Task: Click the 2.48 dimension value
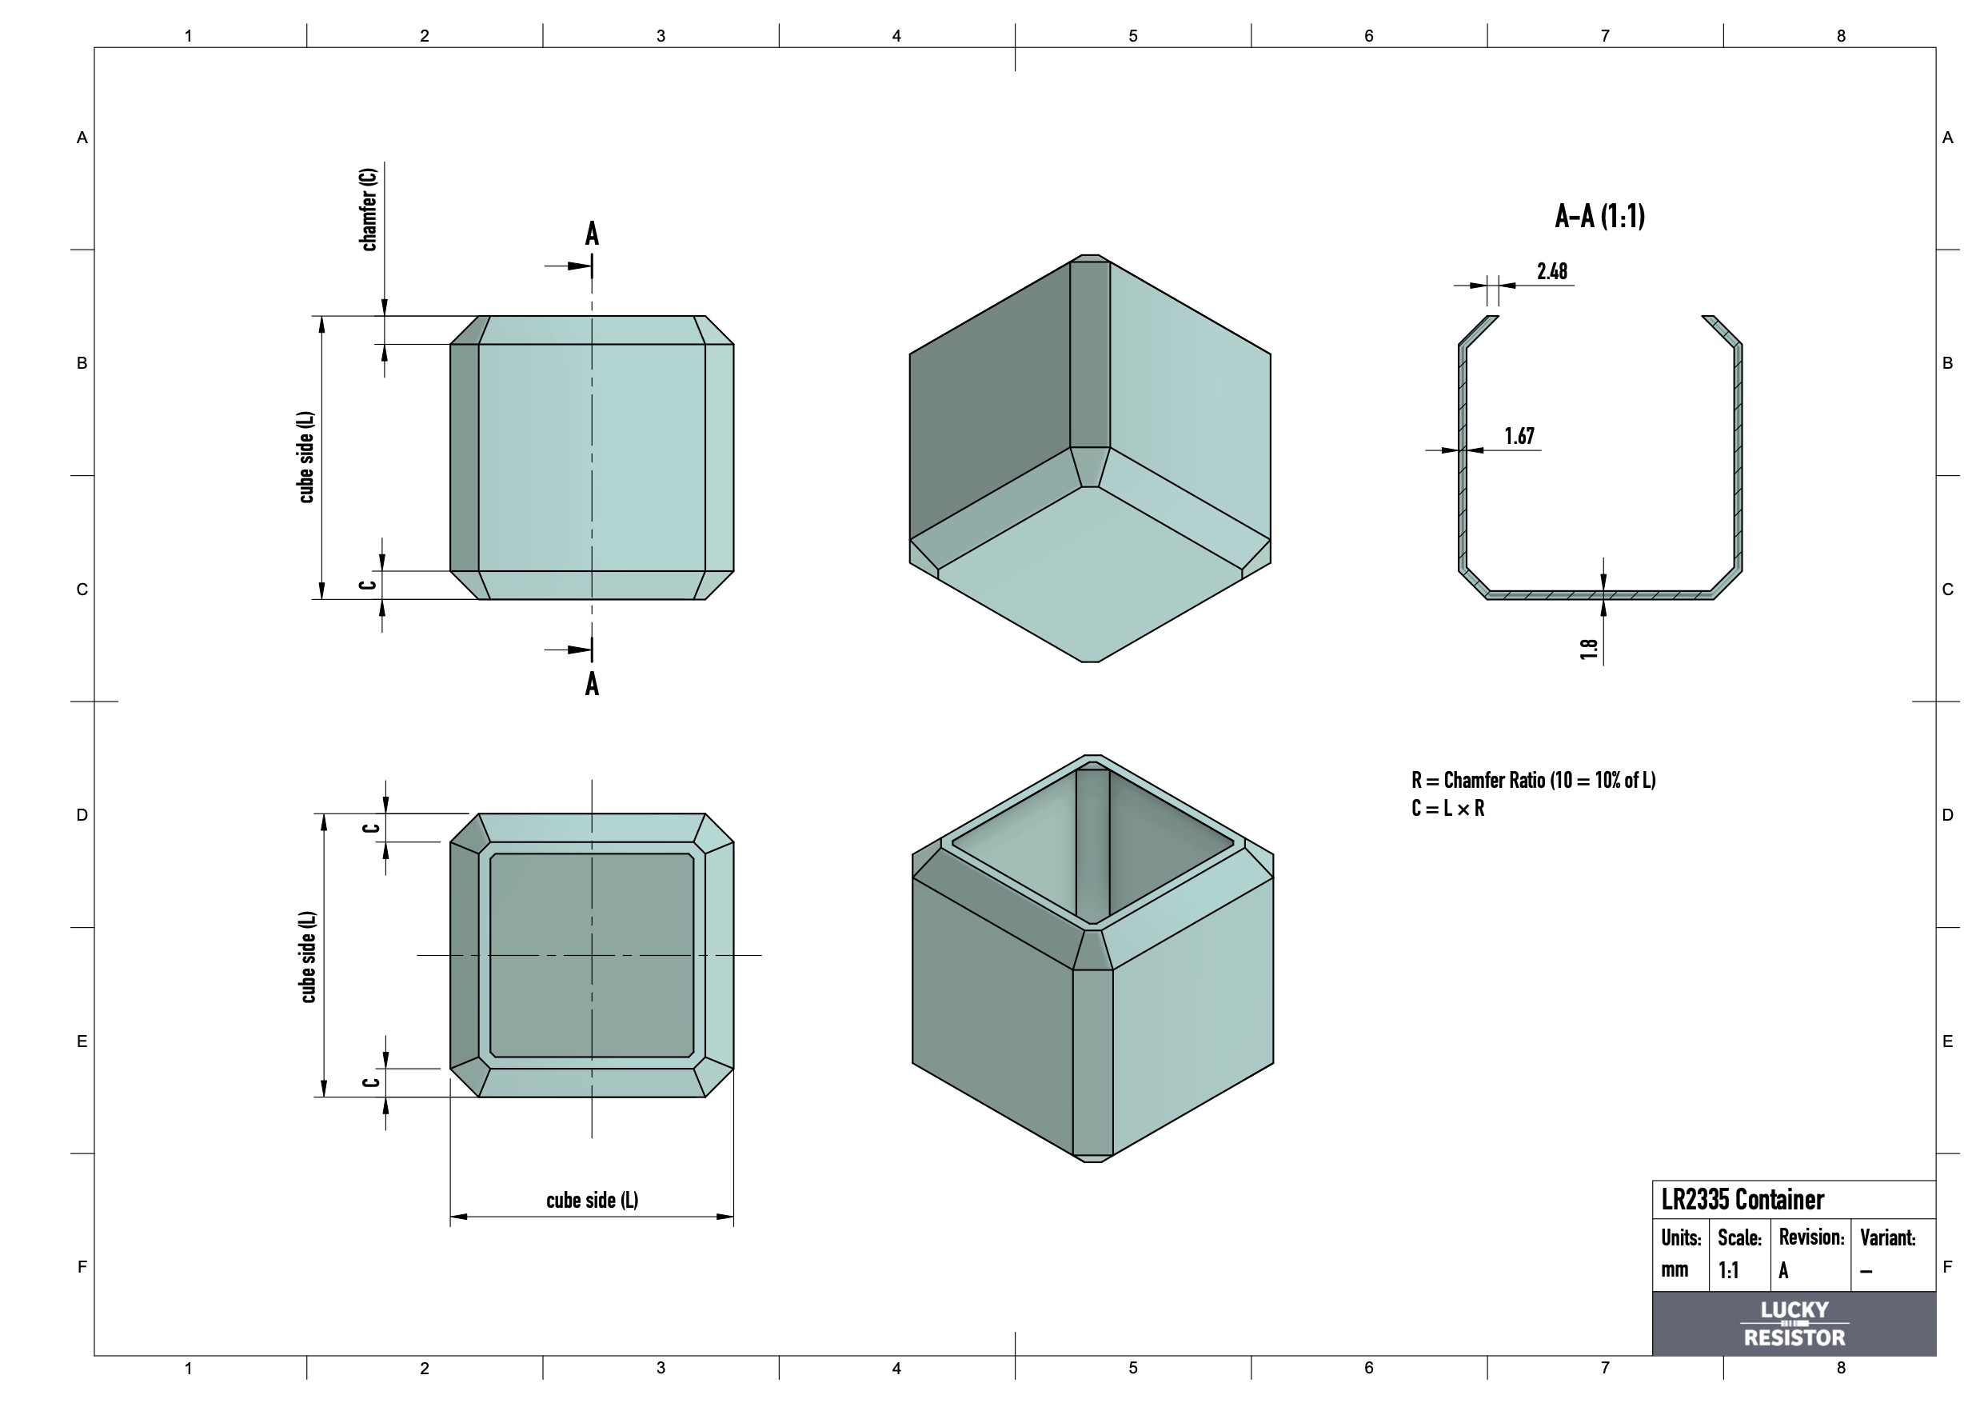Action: pos(1552,271)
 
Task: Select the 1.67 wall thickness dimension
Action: pos(1519,436)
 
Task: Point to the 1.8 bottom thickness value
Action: pos(1588,649)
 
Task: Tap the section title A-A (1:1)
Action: pos(1599,216)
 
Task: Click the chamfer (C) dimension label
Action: pos(368,210)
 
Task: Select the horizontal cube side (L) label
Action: pos(592,1200)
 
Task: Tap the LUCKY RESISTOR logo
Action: pos(1794,1324)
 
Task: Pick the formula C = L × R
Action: pos(1447,808)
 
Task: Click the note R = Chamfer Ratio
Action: pos(1533,780)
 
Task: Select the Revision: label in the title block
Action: pos(1811,1237)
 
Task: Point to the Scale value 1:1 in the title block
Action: pos(1728,1270)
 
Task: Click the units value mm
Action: pos(1674,1270)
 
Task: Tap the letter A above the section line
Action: pos(592,234)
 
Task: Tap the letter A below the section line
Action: pos(592,684)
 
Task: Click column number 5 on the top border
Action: pos(1133,35)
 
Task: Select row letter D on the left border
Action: pos(82,814)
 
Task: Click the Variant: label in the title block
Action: pos(1887,1237)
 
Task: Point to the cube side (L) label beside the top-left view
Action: pos(306,458)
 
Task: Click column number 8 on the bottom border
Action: pos(1841,1368)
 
